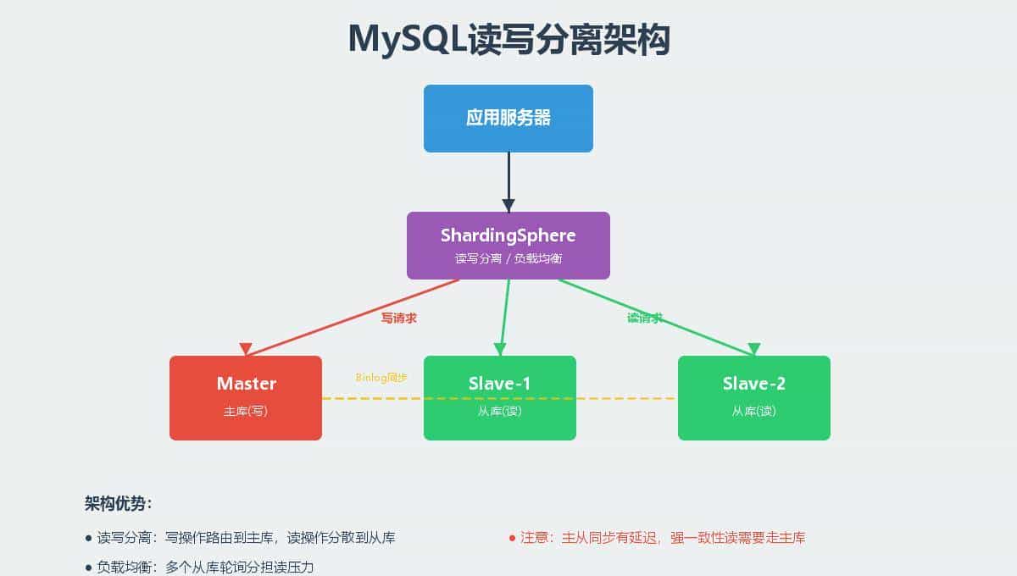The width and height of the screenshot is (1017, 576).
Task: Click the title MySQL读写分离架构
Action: click(x=508, y=40)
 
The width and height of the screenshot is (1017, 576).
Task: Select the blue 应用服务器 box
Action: click(x=508, y=119)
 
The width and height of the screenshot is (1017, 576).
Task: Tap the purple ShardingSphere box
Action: click(x=508, y=246)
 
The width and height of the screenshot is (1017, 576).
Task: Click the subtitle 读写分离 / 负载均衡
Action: click(x=508, y=258)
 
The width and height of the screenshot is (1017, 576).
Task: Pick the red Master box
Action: click(x=246, y=398)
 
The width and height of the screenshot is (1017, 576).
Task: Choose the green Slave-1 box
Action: click(x=500, y=398)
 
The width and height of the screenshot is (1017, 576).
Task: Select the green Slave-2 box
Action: click(x=754, y=398)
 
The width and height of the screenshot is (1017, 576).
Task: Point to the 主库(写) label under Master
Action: click(x=246, y=411)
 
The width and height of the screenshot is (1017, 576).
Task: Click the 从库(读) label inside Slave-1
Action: click(x=500, y=411)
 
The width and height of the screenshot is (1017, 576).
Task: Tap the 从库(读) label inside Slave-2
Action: click(x=754, y=411)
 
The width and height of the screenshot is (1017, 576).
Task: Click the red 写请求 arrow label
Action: click(x=398, y=318)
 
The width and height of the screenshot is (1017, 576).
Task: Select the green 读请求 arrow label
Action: click(x=645, y=318)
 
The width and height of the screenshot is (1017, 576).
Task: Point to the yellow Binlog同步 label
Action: click(x=381, y=377)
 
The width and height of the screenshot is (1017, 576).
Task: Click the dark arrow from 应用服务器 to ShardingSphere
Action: click(x=508, y=178)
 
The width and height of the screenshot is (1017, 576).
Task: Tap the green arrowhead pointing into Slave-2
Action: click(x=753, y=349)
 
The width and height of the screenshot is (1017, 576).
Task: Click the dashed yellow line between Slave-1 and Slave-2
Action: click(x=627, y=398)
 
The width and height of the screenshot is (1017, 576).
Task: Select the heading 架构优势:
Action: click(x=119, y=503)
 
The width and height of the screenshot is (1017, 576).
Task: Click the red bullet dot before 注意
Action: click(x=512, y=538)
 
